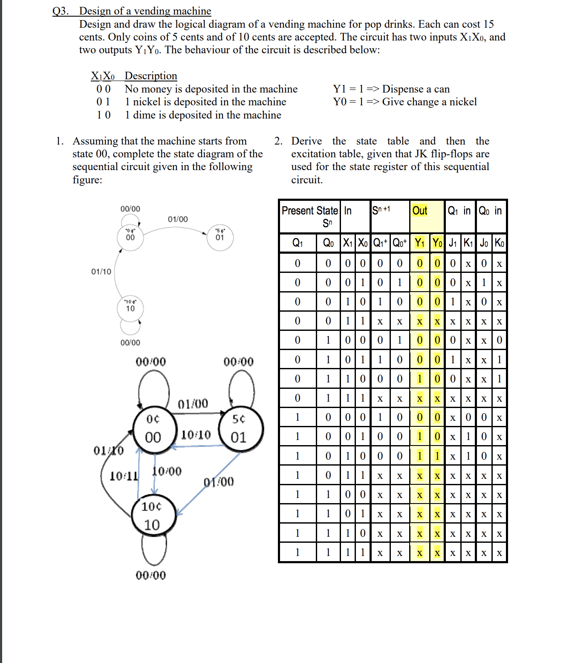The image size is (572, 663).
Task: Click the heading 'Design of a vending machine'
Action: coord(145,11)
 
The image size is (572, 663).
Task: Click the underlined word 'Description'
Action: coord(150,76)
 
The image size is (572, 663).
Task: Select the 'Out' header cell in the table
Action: coord(420,211)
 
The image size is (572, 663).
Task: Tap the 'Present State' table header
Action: coord(310,211)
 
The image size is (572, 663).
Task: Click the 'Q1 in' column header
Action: coord(459,211)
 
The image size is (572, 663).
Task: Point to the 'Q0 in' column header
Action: coord(490,211)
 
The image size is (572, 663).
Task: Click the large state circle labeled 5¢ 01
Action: coord(240,429)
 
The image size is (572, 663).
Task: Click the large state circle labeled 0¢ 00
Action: coord(154,429)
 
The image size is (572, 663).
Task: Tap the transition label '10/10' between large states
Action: coord(196,434)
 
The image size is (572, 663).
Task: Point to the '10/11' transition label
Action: coord(124,476)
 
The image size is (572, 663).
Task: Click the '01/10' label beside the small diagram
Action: coord(101,272)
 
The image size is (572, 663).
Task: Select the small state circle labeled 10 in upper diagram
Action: coord(130,307)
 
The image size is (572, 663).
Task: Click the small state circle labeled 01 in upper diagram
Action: coord(220,236)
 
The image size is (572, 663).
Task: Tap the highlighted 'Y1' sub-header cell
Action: coord(420,243)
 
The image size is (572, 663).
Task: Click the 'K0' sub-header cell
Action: coord(499,243)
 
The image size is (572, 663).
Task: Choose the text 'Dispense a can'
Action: coord(416,89)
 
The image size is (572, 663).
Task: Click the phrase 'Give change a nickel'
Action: coord(429,102)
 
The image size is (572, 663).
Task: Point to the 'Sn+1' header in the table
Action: coord(381,210)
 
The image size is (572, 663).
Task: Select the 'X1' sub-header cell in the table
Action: coord(348,243)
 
